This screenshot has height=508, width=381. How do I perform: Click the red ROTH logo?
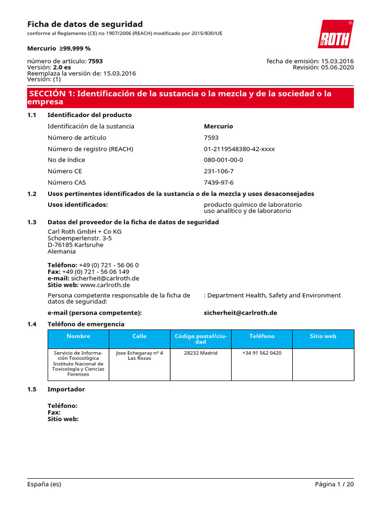pyautogui.click(x=335, y=34)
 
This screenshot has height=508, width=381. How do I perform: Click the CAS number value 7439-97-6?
pyautogui.click(x=218, y=183)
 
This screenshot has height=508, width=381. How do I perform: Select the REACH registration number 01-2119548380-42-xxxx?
pyautogui.click(x=239, y=149)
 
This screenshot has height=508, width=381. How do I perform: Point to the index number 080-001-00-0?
pyautogui.click(x=223, y=160)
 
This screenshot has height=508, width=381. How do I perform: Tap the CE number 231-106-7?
pyautogui.click(x=218, y=171)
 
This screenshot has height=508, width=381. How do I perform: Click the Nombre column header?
pyautogui.click(x=78, y=336)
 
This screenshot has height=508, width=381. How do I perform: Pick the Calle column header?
pyautogui.click(x=139, y=336)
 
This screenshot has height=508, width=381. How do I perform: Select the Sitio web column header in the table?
pyautogui.click(x=323, y=336)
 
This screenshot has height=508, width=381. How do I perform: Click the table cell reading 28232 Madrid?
pyautogui.click(x=200, y=353)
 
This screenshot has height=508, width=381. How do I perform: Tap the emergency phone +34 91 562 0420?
pyautogui.click(x=261, y=353)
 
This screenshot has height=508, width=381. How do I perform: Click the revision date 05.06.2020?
pyautogui.click(x=337, y=67)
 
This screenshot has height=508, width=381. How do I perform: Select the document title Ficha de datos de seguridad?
pyautogui.click(x=85, y=24)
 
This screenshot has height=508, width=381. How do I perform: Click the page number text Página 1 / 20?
pyautogui.click(x=334, y=484)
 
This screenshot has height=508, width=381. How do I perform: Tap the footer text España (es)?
pyautogui.click(x=44, y=484)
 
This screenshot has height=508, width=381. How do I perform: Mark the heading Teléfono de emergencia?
pyautogui.click(x=86, y=324)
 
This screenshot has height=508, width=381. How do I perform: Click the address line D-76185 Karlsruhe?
pyautogui.click(x=75, y=245)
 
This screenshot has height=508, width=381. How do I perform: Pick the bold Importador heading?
pyautogui.click(x=66, y=389)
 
